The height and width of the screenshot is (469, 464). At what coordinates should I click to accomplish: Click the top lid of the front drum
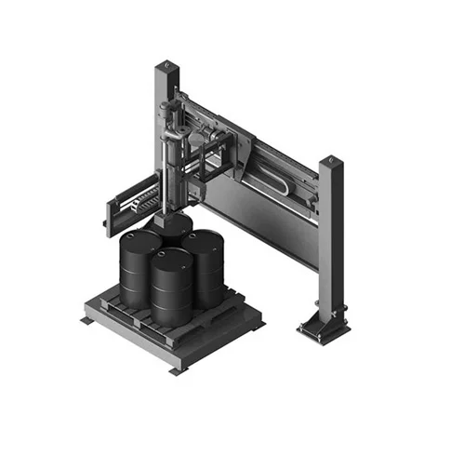tap(170, 256)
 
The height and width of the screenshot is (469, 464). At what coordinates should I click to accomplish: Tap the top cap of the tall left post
tap(165, 66)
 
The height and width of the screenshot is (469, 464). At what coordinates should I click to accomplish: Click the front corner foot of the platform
tap(177, 369)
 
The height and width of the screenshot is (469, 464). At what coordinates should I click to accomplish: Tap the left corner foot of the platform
tap(86, 320)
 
